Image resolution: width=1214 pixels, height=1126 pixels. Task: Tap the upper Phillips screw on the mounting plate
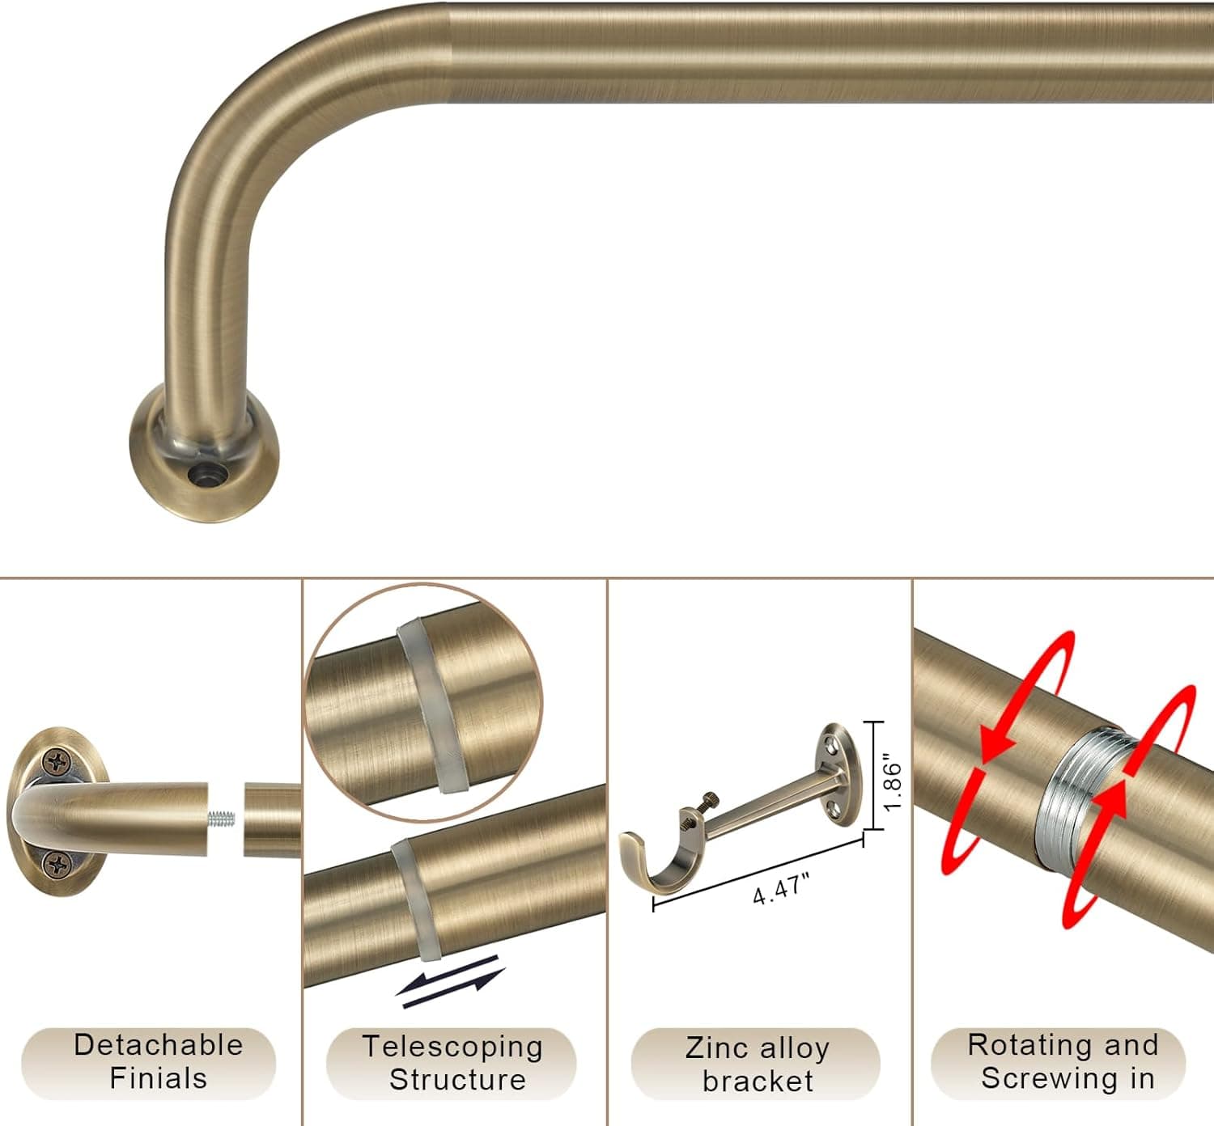(x=56, y=761)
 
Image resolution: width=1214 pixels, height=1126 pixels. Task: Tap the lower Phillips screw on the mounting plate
(x=59, y=865)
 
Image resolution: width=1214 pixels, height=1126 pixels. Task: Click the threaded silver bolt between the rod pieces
(x=222, y=818)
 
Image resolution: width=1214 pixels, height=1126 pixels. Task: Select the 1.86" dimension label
(x=893, y=785)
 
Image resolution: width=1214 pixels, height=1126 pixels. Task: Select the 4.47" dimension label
(x=781, y=890)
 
